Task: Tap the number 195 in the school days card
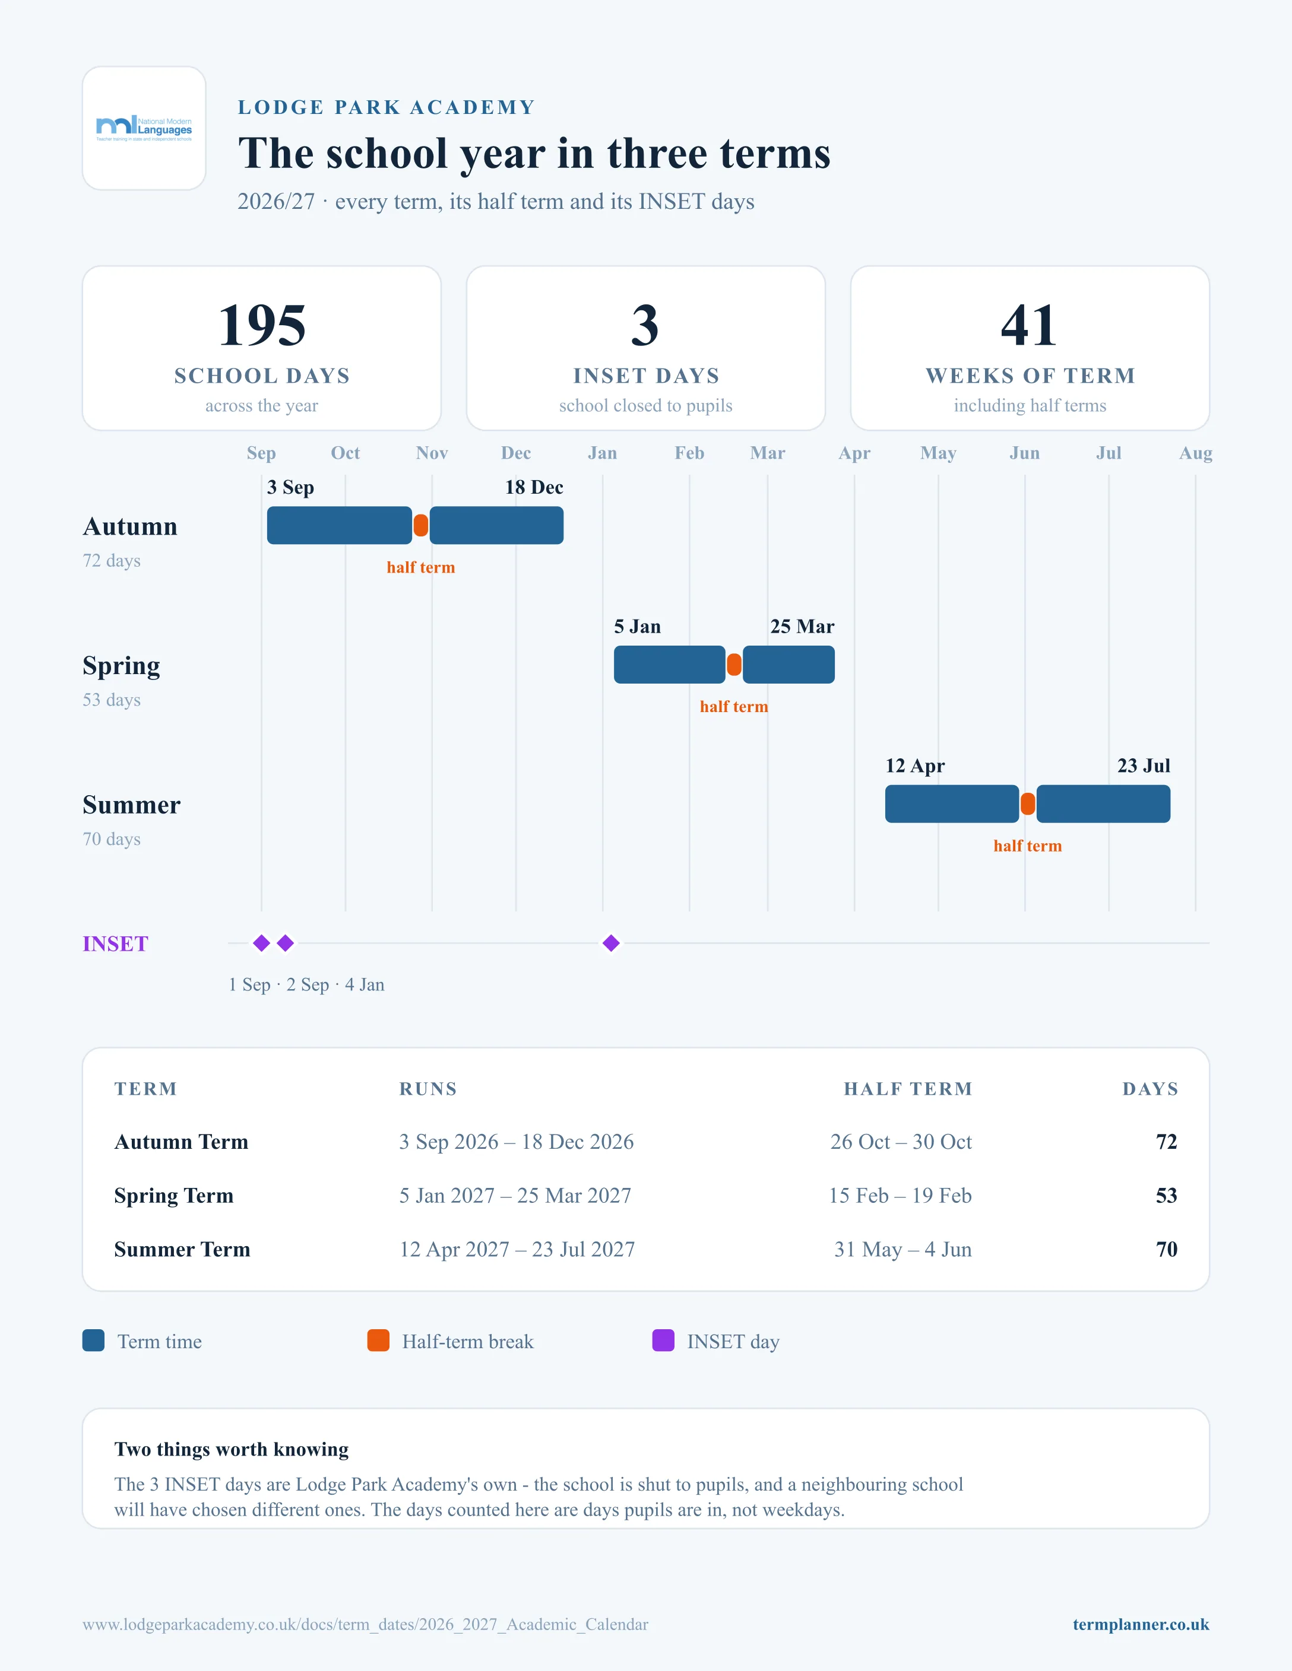(262, 325)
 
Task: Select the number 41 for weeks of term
(1030, 325)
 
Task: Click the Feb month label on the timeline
(689, 453)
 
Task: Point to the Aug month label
(1196, 453)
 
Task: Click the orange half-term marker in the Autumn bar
(421, 526)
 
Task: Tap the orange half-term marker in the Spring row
(734, 665)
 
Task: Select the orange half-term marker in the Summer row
(1028, 804)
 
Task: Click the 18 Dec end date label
(534, 487)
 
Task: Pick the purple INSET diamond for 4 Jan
(611, 943)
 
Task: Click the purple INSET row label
(116, 944)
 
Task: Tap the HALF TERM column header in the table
(908, 1089)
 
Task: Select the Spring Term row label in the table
(174, 1196)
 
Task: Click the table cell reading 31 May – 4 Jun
(902, 1250)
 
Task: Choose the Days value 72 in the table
(1167, 1142)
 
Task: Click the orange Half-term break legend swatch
(378, 1340)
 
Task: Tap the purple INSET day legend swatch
(663, 1340)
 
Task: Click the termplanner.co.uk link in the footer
(1141, 1624)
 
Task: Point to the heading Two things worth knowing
(231, 1450)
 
